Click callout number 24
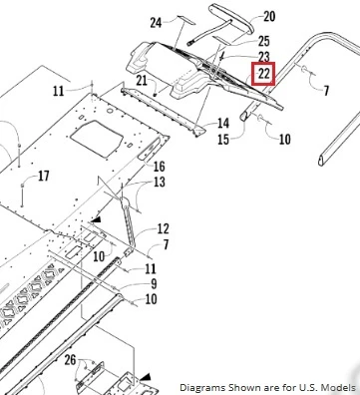(156, 23)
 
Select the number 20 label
(269, 16)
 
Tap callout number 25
(264, 41)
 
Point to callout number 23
(263, 57)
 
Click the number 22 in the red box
(263, 74)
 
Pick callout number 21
(142, 81)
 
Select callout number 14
(223, 124)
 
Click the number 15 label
(223, 140)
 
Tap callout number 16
(159, 167)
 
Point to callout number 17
(44, 176)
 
